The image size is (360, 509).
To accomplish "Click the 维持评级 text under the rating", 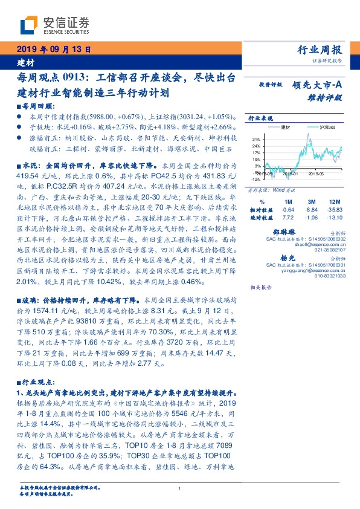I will click(329, 96).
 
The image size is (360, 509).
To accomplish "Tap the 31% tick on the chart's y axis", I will click(256, 139).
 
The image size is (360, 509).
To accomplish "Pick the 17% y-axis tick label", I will click(256, 152).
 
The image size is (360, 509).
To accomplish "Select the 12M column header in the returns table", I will click(333, 201).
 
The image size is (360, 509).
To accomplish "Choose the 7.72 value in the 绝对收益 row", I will click(288, 216).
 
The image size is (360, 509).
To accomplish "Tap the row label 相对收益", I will click(262, 209).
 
